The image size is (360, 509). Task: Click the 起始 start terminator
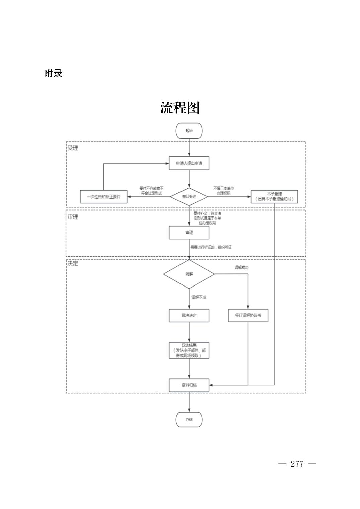point(189,131)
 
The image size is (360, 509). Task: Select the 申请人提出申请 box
point(189,163)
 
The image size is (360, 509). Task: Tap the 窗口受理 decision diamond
point(189,196)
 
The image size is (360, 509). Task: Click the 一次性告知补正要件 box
point(103,197)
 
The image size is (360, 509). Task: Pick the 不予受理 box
point(274,197)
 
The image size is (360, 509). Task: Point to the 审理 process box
point(189,232)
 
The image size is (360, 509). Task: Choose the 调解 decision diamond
point(189,274)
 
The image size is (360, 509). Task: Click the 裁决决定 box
point(189,315)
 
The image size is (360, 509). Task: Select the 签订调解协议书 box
point(248,315)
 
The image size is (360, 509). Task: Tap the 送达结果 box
point(189,350)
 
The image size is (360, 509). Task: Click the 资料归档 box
point(189,385)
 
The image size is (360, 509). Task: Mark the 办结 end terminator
point(189,420)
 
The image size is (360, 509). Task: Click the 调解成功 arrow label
point(241,267)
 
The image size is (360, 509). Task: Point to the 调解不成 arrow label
point(199,297)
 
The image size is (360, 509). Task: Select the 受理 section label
point(73,148)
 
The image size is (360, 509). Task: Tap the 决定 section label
point(73,264)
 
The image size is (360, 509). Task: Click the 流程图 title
point(180,108)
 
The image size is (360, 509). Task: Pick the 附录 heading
point(53,73)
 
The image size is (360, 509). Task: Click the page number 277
point(297,464)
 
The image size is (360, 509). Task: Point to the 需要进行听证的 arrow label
point(211,247)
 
